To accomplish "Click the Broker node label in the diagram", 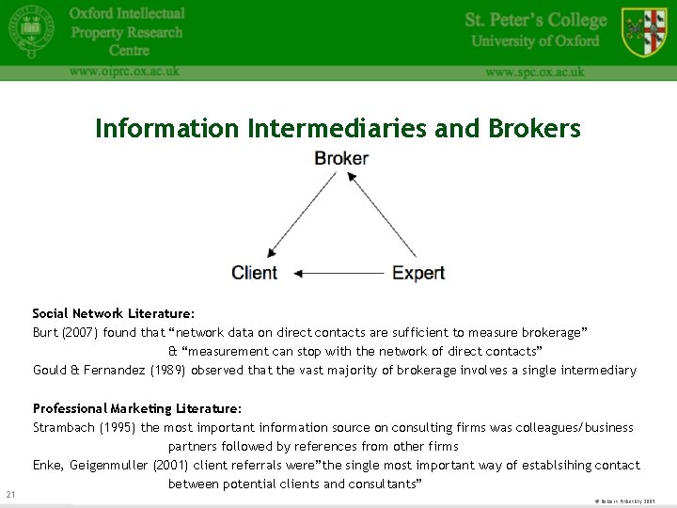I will coord(340,158).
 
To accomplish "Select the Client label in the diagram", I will coord(255,273).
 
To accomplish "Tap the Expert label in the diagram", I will coord(417,273).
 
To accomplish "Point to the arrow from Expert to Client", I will coord(338,274).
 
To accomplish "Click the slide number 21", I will coord(10,495).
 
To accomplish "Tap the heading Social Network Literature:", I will coord(114,313).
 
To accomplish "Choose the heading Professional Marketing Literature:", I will coord(137,408).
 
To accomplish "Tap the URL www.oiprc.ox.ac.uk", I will coord(124,71).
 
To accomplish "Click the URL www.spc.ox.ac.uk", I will coord(534,71).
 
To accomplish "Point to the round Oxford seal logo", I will coord(32,34).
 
